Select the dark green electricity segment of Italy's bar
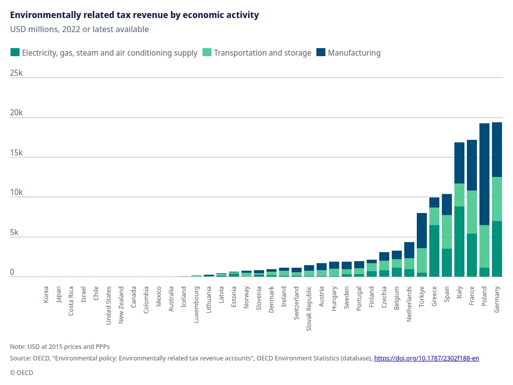point(459,241)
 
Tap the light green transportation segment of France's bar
point(471,212)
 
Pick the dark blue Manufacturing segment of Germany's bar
point(496,149)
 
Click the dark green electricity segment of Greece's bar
point(434,251)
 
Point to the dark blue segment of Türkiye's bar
point(421,231)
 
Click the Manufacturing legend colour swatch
point(321,53)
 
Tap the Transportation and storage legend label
point(262,53)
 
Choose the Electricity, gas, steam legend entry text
point(110,53)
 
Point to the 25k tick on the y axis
point(17,73)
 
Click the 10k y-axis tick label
point(17,192)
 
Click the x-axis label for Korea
point(46,294)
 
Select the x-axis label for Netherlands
point(409,304)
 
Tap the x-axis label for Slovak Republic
point(309,308)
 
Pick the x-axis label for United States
point(109,305)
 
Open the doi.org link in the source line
point(426,358)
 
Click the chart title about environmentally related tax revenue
point(134,15)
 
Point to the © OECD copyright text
point(22,372)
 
